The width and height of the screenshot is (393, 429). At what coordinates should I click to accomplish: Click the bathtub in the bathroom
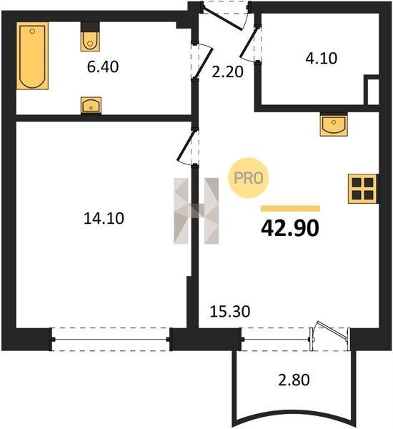[32, 56]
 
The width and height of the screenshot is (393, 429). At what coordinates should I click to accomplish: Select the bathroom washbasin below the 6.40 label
[91, 105]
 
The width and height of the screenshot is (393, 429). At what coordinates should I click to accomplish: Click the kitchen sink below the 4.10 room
[334, 124]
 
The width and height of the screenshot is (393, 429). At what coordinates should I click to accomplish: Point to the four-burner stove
[363, 189]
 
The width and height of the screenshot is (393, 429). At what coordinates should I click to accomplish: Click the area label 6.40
[103, 67]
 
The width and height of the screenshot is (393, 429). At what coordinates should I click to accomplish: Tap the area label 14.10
[104, 219]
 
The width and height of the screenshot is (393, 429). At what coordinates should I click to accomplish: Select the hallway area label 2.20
[227, 72]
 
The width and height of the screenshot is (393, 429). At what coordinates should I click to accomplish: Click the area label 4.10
[322, 59]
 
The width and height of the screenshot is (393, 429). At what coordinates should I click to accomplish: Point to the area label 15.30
[230, 312]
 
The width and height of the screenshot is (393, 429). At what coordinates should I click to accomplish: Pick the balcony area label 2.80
[294, 380]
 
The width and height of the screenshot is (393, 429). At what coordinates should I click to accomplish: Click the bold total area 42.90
[290, 229]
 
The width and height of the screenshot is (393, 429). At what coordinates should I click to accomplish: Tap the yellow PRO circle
[249, 178]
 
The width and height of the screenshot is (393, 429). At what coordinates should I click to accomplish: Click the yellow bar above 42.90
[290, 209]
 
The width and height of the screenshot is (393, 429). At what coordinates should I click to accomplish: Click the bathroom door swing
[202, 61]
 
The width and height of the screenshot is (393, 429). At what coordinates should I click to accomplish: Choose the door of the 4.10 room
[250, 44]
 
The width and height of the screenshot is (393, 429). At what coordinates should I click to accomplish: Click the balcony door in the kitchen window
[330, 336]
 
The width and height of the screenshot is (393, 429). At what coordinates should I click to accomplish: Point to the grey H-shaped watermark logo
[196, 211]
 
